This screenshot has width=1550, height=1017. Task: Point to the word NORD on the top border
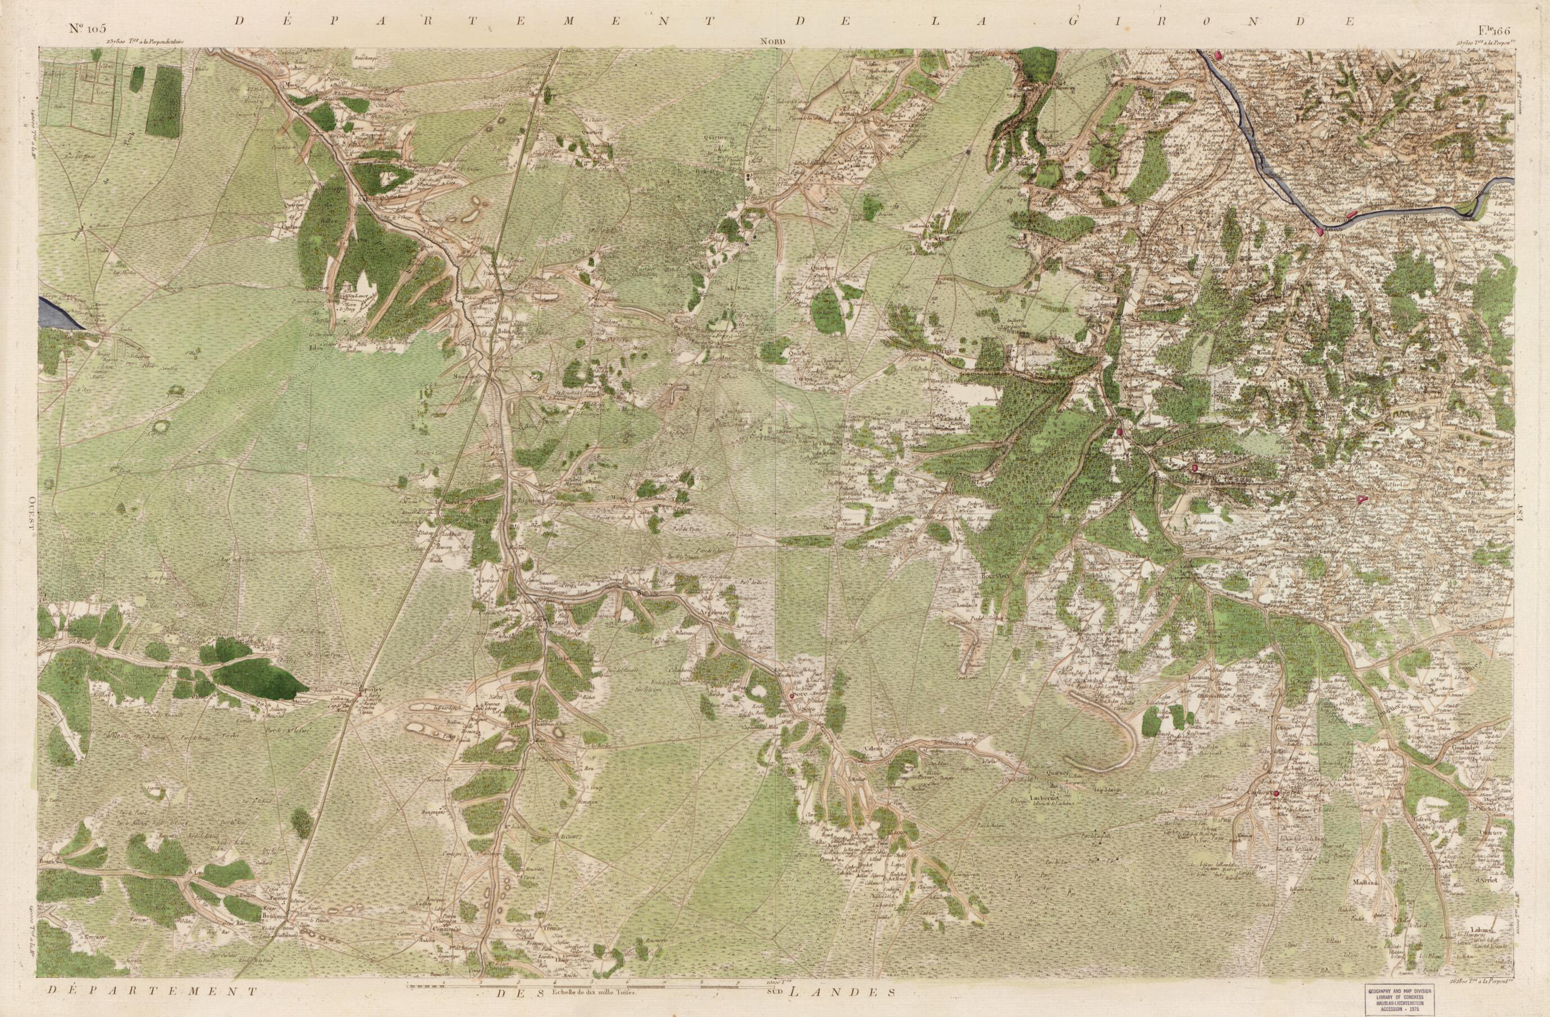pos(774,42)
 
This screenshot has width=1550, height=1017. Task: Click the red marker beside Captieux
pos(1277,793)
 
